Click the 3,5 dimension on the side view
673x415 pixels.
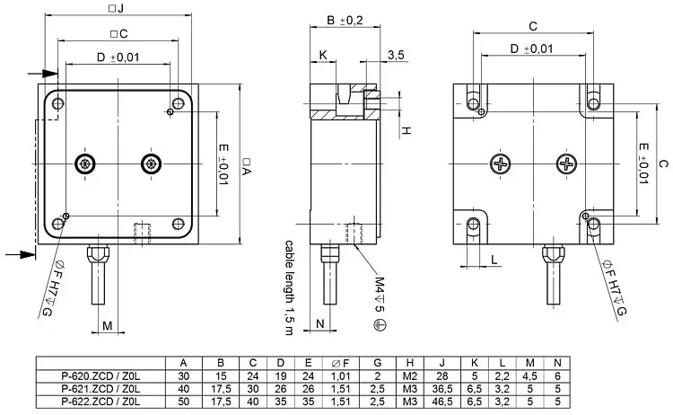[396, 56]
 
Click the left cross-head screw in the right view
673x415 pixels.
[500, 163]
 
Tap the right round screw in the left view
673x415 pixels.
[149, 163]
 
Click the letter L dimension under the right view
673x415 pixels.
[494, 260]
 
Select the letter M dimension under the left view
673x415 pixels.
[107, 324]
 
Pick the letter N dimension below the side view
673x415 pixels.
[320, 324]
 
